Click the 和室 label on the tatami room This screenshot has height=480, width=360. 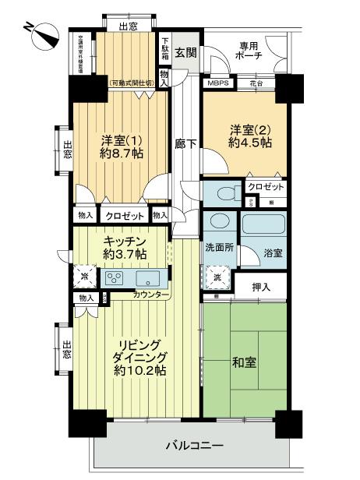click(x=245, y=363)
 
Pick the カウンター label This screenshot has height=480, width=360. click(x=148, y=294)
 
